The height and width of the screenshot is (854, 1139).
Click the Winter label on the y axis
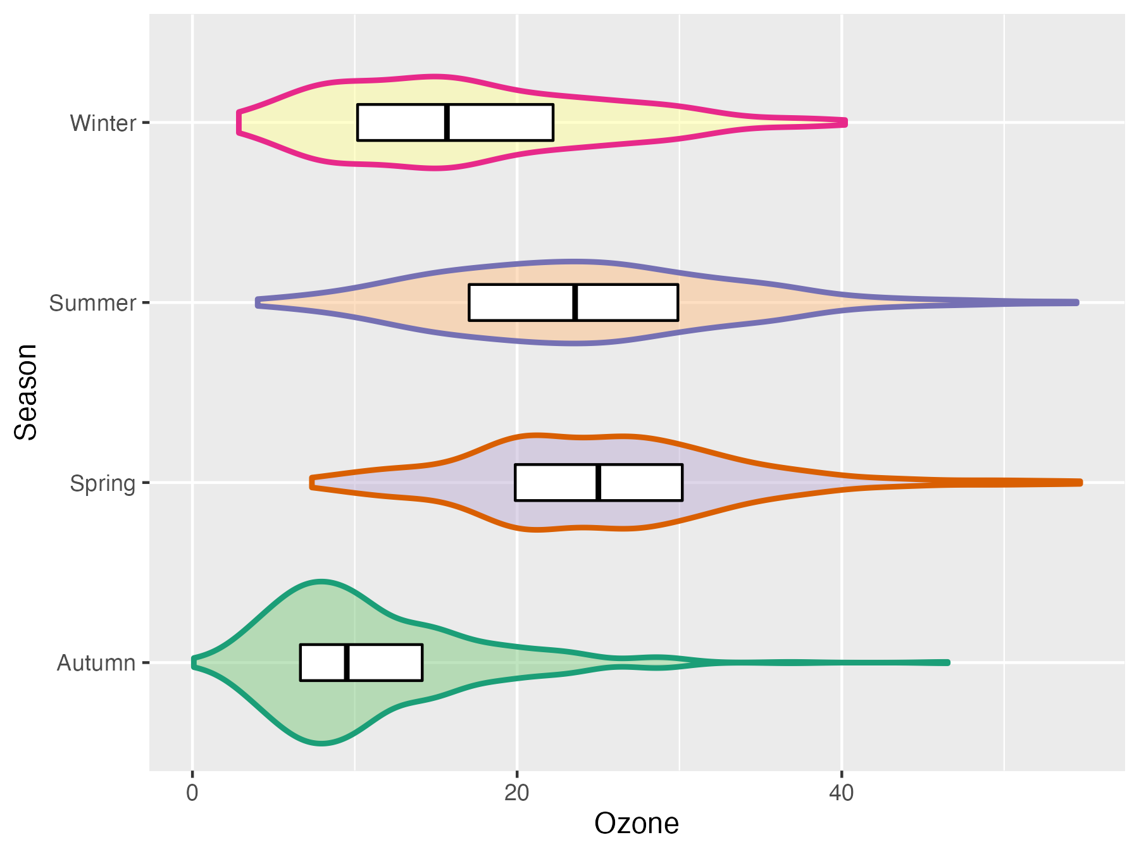click(103, 123)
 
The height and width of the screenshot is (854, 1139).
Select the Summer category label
click(92, 303)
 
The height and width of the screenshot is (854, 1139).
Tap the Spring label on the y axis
click(103, 483)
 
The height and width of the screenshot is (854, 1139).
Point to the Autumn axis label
click(96, 663)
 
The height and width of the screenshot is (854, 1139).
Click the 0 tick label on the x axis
click(192, 793)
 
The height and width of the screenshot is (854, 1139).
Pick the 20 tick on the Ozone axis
click(517, 793)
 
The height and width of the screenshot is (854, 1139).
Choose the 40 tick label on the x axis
click(842, 793)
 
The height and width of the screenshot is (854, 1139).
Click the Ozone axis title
click(636, 824)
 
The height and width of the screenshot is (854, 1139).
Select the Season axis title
click(27, 392)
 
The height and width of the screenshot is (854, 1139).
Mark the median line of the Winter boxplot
click(447, 122)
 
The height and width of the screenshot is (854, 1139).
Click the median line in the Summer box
click(575, 302)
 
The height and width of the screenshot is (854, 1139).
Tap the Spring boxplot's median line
click(598, 482)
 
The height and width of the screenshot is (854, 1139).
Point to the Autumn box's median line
click(347, 662)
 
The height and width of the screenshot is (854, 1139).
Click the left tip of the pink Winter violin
click(239, 122)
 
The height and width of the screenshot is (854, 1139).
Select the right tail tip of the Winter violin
click(845, 122)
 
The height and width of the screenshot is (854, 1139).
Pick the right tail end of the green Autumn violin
click(947, 662)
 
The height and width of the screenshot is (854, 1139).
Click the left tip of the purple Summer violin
click(258, 302)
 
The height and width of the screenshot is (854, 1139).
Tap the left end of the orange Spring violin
click(312, 482)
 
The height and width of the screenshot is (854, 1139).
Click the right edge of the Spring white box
click(682, 482)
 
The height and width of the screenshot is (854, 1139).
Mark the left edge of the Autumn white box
click(301, 662)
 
